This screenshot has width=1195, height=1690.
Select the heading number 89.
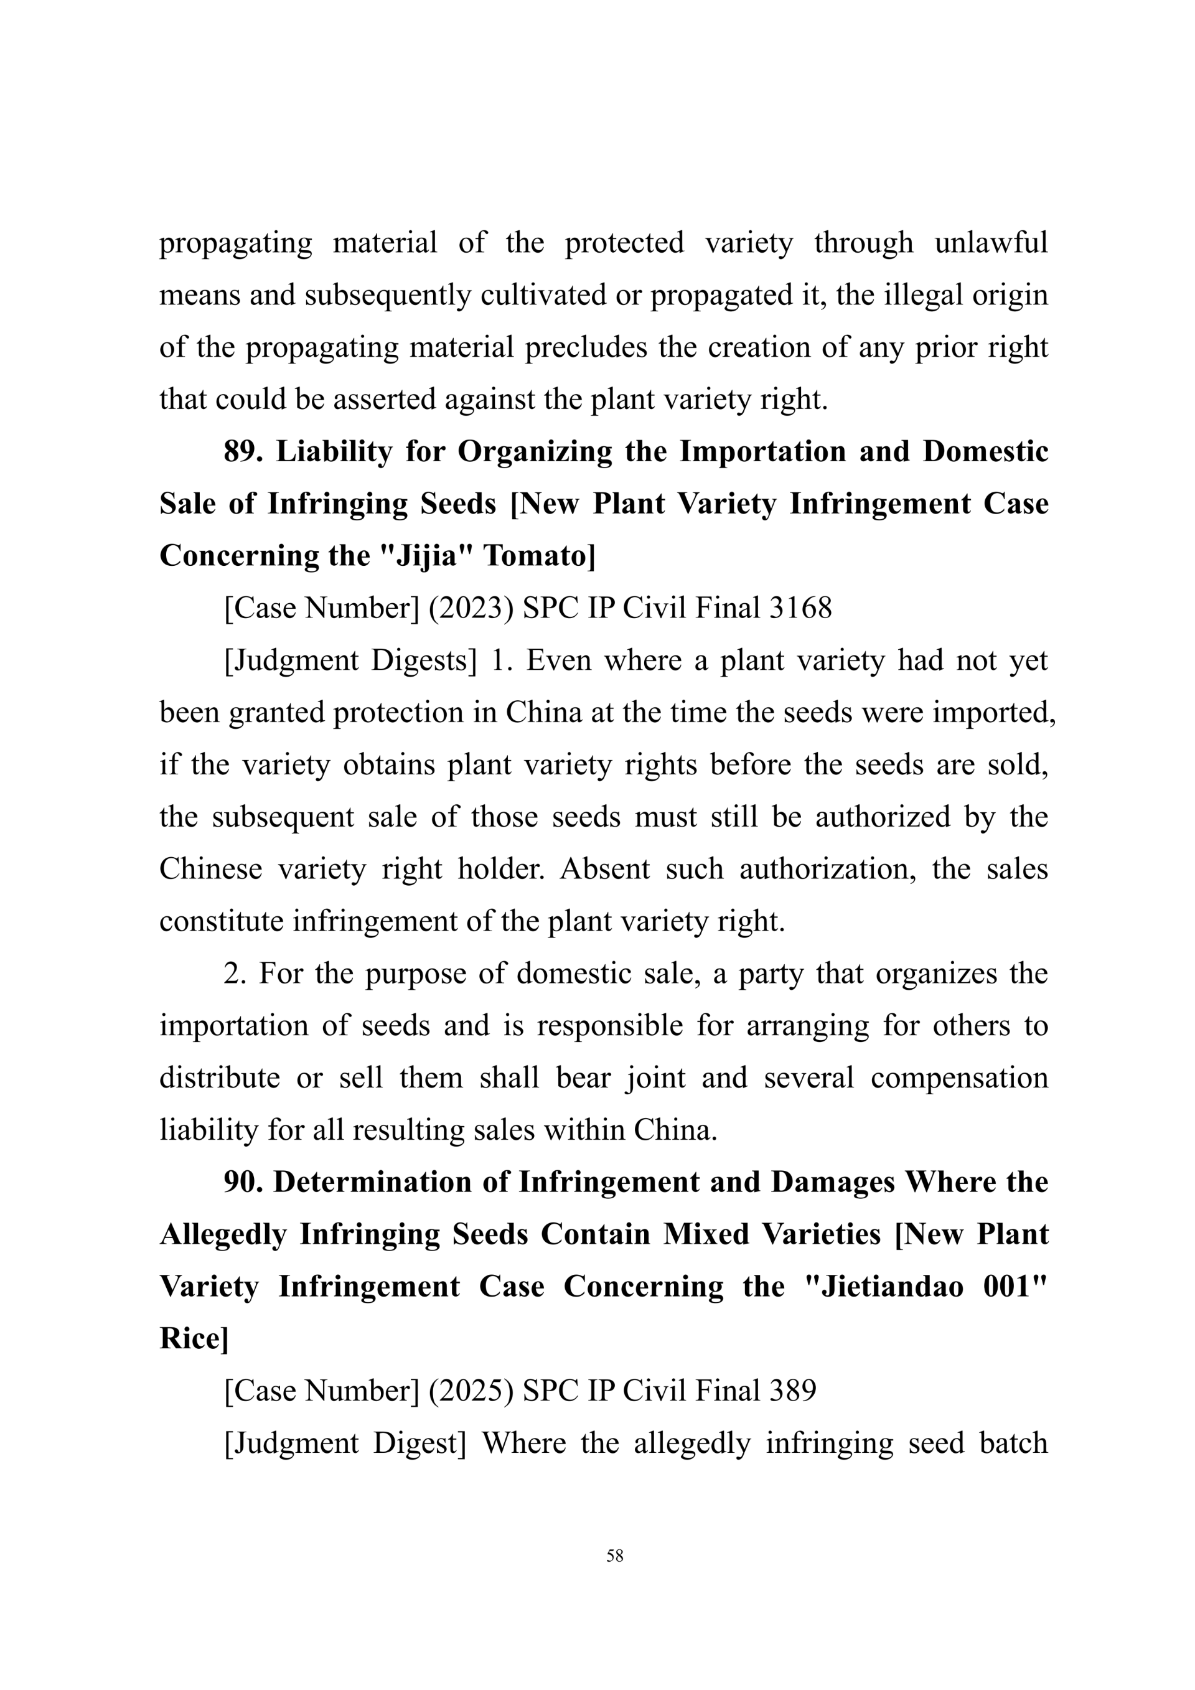tap(243, 451)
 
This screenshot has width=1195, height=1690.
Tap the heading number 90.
tap(243, 1181)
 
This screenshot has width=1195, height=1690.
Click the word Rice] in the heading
tap(194, 1338)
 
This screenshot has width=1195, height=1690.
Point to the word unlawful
tap(990, 243)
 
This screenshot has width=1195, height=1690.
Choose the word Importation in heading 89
tap(762, 451)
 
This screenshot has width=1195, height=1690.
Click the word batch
tap(1013, 1443)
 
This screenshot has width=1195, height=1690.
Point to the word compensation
tap(958, 1077)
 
